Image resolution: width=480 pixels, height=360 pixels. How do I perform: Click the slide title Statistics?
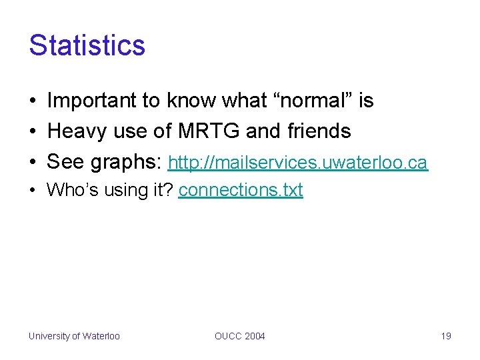pyautogui.click(x=87, y=45)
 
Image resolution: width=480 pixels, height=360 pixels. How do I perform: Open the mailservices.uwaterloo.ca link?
pyautogui.click(x=297, y=163)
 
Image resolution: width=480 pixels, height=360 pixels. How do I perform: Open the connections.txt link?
pyautogui.click(x=241, y=190)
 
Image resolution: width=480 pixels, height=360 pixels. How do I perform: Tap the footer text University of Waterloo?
pyautogui.click(x=74, y=336)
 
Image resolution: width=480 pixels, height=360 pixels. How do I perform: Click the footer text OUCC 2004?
pyautogui.click(x=239, y=336)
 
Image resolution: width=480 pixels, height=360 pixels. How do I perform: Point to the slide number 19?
pyautogui.click(x=446, y=336)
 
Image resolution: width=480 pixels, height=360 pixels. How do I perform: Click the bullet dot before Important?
pyautogui.click(x=33, y=101)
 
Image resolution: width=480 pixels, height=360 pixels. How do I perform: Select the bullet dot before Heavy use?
pyautogui.click(x=33, y=132)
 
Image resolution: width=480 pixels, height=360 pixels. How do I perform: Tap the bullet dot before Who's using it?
pyautogui.click(x=33, y=191)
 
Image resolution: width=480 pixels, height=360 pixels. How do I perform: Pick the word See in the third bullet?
pyautogui.click(x=65, y=163)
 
